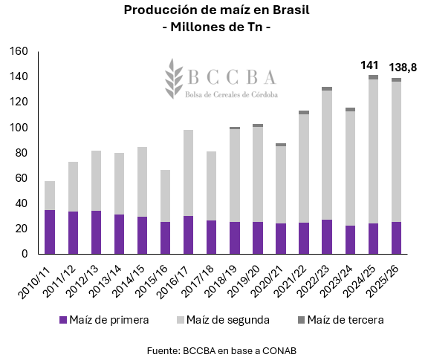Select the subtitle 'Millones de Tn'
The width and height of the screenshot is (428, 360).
pos(214,27)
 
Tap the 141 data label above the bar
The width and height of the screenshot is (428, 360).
pos(370,65)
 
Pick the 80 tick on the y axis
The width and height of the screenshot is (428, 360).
pos(22,153)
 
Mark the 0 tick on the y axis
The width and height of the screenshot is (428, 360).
pos(25,254)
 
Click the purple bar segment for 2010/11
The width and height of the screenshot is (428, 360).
pos(50,232)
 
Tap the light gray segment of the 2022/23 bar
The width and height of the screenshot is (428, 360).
pos(326,155)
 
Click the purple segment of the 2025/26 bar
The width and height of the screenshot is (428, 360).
pos(396,238)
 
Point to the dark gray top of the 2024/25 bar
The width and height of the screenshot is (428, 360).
pos(373,77)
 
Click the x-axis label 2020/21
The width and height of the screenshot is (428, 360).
pos(273,278)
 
